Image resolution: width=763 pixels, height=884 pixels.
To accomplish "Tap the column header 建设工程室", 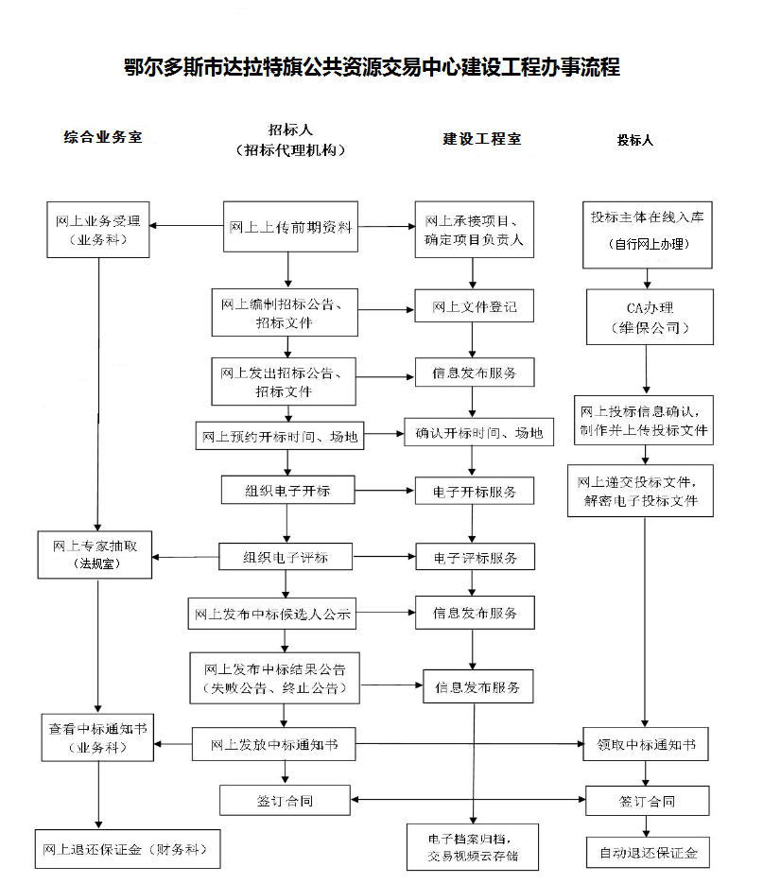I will (x=482, y=139).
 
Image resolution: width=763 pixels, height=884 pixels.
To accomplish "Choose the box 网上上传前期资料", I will (x=290, y=227).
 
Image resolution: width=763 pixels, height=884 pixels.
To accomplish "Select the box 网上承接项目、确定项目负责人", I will (x=474, y=230).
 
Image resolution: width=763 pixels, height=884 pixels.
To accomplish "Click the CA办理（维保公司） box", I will (x=647, y=318).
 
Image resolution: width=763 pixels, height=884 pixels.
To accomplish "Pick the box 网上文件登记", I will (x=475, y=307).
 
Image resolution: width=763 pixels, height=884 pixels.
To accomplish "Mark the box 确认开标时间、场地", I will (x=479, y=434).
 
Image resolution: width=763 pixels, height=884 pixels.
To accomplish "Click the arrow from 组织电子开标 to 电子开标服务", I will (x=382, y=491).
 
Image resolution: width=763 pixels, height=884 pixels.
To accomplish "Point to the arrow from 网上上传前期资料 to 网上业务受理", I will (x=186, y=226).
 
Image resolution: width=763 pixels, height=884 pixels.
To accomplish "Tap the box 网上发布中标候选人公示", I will (x=272, y=614).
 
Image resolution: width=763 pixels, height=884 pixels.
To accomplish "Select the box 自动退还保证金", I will (x=647, y=853).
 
